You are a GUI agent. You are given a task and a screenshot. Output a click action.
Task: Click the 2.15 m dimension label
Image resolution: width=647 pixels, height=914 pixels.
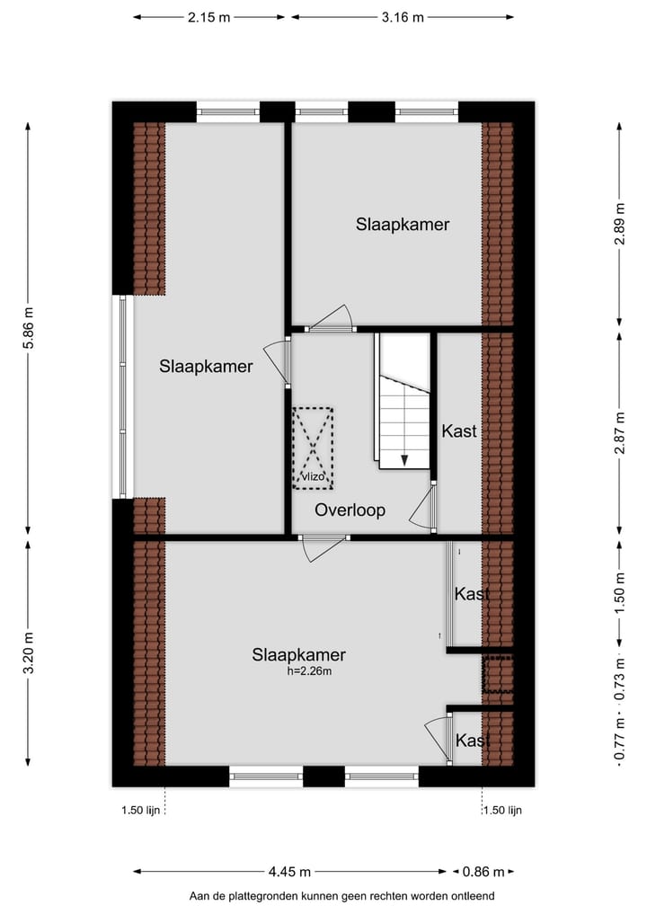(209, 17)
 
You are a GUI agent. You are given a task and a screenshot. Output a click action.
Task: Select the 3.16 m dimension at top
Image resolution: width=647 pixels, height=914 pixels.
(403, 17)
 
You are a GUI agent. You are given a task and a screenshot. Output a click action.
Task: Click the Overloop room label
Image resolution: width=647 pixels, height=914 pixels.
(350, 510)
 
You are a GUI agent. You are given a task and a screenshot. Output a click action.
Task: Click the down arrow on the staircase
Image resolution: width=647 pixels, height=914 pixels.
(405, 459)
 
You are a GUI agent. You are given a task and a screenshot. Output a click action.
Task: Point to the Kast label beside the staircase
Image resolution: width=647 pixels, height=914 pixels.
(458, 431)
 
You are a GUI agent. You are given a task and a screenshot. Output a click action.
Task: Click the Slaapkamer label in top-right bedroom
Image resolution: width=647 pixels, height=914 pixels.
(402, 225)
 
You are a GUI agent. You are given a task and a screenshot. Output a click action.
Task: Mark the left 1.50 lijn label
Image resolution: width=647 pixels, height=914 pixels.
(140, 810)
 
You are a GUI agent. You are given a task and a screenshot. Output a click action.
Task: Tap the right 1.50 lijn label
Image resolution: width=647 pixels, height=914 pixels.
(502, 810)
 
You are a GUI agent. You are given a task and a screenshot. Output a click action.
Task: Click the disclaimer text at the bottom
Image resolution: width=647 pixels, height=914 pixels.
(341, 896)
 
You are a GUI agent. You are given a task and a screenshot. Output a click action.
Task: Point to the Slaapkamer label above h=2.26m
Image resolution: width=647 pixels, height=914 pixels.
(299, 655)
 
